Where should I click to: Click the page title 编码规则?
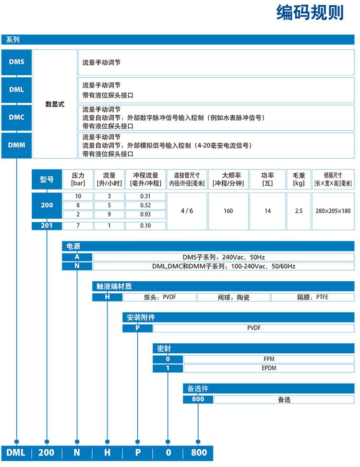click(x=310, y=13)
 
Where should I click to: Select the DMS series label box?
click(x=16, y=62)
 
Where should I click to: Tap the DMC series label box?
click(x=16, y=117)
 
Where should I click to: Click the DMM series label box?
click(x=16, y=144)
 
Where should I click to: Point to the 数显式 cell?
click(x=54, y=104)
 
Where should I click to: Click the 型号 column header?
click(x=47, y=180)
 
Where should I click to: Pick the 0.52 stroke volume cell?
click(x=145, y=205)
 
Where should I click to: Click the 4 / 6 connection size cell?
click(x=187, y=211)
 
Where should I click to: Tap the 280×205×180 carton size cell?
click(x=333, y=211)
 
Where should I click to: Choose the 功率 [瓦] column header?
click(x=267, y=180)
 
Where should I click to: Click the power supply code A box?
click(x=77, y=257)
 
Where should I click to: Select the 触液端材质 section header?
click(x=114, y=287)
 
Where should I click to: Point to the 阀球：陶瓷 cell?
click(x=233, y=298)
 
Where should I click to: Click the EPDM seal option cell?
click(x=269, y=368)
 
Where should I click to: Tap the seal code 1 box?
click(x=168, y=368)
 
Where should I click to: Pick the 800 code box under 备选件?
click(x=198, y=399)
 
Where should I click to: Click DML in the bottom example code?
click(x=16, y=453)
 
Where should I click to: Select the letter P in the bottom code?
click(x=137, y=453)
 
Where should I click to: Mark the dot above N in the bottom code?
click(x=77, y=441)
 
